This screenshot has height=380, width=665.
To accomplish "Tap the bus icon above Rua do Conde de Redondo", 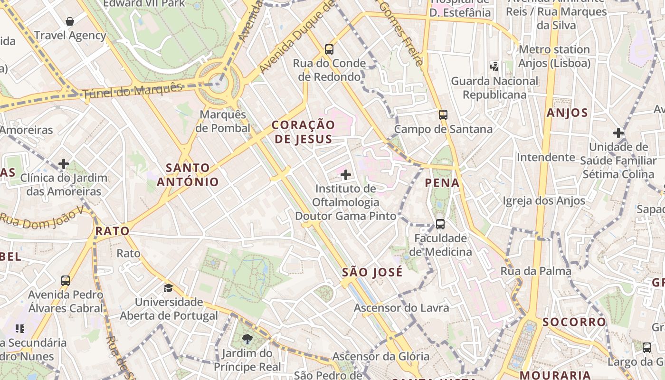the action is tap(329, 49).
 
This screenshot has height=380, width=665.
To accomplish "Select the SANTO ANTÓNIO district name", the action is tap(188, 175).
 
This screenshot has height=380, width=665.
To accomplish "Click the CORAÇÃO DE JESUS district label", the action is tap(303, 132).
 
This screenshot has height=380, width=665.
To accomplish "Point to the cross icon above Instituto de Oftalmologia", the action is tap(346, 175).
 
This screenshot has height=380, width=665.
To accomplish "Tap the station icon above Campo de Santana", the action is tap(443, 114).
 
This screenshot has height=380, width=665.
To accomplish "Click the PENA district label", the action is tap(442, 183).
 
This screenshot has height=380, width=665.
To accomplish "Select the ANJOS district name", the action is tap(567, 113).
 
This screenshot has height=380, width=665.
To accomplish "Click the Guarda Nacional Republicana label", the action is tap(494, 88).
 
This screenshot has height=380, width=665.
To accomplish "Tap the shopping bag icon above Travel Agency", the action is tap(70, 21).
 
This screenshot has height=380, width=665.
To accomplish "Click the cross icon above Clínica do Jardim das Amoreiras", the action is tap(64, 164).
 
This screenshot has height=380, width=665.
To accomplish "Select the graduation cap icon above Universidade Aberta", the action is tap(168, 288).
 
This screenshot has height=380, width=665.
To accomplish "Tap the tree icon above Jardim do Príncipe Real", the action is tap(247, 339).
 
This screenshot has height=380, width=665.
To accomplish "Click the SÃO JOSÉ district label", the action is tap(372, 273).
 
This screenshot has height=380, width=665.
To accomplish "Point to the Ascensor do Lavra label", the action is tap(401, 308).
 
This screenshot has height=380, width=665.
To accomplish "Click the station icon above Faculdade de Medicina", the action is tap(440, 224).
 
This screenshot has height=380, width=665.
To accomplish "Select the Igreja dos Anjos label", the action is tap(544, 201).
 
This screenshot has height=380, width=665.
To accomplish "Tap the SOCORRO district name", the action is tap(574, 322).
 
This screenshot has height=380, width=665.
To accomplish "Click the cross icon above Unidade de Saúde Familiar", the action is tap(618, 133).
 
